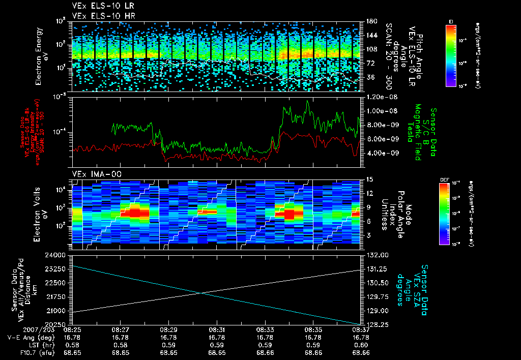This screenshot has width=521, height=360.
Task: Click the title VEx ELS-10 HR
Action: (96, 16)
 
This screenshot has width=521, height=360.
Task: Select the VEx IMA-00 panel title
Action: (92, 174)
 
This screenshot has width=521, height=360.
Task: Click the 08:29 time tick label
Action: (168, 329)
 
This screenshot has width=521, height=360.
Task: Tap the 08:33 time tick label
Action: (265, 329)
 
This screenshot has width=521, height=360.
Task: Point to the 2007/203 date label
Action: (21, 329)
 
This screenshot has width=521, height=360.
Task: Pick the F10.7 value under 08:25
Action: (72, 352)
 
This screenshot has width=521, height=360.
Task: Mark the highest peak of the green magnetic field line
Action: (307, 101)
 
